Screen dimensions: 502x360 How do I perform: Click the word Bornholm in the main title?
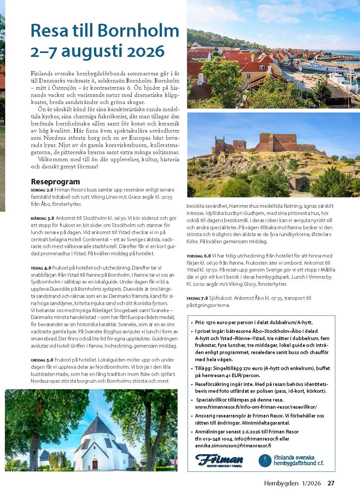click(x=138, y=31)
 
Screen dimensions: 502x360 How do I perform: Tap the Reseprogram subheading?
click(x=55, y=181)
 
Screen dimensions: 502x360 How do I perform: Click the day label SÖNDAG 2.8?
click(x=42, y=190)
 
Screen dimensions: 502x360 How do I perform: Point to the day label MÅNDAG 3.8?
click(x=42, y=218)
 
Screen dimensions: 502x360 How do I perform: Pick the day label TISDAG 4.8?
click(x=41, y=268)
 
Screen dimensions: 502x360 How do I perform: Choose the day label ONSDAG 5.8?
click(x=42, y=360)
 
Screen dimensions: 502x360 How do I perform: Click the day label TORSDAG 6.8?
click(x=199, y=256)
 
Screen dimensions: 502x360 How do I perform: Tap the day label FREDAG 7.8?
click(x=197, y=298)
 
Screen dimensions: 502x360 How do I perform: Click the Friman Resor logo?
click(x=219, y=460)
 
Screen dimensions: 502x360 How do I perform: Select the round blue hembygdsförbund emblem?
click(x=265, y=460)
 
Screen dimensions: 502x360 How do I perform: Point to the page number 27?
click(x=331, y=483)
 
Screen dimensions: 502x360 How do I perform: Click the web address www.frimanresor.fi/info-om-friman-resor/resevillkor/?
click(x=256, y=407)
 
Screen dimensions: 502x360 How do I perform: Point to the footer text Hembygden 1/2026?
click(x=292, y=483)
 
